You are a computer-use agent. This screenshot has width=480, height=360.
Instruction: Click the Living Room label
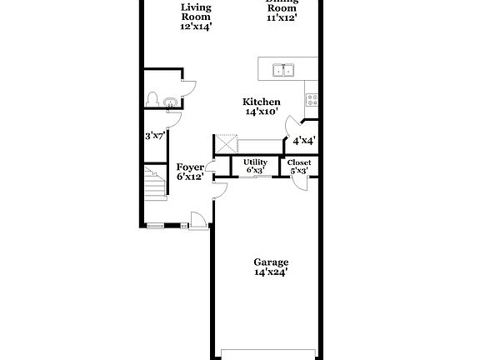coord(196,12)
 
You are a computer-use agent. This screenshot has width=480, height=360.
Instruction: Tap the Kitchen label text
coord(261,102)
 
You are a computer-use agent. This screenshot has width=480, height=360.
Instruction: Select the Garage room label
coord(272,262)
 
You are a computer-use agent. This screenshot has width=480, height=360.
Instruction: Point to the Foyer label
coord(190,167)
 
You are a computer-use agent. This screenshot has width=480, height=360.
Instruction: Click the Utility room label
coord(255,162)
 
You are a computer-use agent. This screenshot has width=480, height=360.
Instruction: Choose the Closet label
coord(299,162)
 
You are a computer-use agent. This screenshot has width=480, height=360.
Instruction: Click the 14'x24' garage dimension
coord(272,272)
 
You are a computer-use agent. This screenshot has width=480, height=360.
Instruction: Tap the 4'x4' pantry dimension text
coord(303,141)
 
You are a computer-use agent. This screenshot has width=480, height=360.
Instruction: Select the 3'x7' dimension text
coord(153,135)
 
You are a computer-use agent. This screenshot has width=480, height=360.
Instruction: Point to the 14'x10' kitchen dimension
coord(262,112)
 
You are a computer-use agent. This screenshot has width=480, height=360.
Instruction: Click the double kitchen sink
coord(283,70)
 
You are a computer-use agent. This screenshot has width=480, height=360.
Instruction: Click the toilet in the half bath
coord(152,99)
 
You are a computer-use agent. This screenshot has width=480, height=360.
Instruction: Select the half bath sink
coord(170,104)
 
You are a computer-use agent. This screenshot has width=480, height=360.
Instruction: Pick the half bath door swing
coord(188,86)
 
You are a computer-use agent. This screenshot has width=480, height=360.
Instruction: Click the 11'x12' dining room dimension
coord(282,17)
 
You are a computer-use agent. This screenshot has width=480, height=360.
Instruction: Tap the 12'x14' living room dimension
coord(196,26)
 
